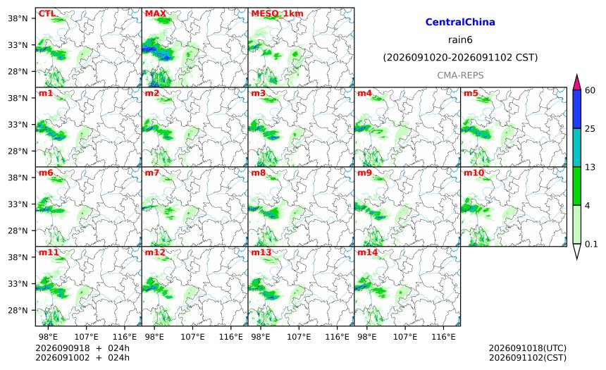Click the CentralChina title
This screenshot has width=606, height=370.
click(x=460, y=22)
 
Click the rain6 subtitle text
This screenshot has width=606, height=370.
click(x=460, y=40)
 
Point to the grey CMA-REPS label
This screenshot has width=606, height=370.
click(x=460, y=75)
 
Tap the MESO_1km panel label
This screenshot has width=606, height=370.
click(x=277, y=13)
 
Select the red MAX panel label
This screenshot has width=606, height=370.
click(x=155, y=13)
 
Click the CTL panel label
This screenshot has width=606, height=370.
click(x=47, y=13)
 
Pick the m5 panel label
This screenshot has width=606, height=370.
click(x=470, y=93)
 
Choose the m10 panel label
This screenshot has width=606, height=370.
click(x=474, y=173)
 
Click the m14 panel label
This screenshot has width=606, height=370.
click(x=367, y=252)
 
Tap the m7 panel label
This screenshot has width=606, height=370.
click(x=152, y=173)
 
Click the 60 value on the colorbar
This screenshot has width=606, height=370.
click(x=590, y=90)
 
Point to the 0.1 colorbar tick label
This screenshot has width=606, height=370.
click(x=591, y=244)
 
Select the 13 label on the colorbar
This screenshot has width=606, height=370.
click(x=590, y=167)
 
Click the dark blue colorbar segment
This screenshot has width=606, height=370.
click(x=576, y=109)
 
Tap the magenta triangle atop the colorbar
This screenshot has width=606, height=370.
click(x=576, y=82)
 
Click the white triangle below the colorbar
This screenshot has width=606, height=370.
click(x=576, y=252)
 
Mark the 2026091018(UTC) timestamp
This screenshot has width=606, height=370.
click(x=528, y=348)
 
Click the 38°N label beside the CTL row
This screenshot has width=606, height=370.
click(x=18, y=18)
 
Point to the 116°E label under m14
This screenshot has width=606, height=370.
click(x=443, y=337)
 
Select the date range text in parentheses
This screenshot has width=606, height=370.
click(x=460, y=58)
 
